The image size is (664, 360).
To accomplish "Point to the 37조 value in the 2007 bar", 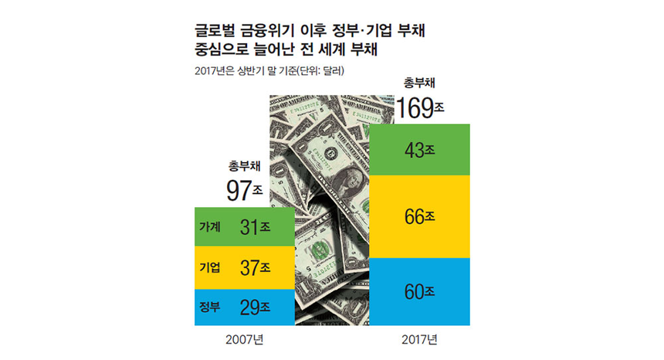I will click(254, 267).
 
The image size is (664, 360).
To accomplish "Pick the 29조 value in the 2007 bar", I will click(254, 307).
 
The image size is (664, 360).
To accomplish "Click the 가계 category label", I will click(209, 227).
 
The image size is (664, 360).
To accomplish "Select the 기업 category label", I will click(209, 267).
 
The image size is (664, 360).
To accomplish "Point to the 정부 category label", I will click(209, 307).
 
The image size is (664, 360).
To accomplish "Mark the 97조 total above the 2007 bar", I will click(245, 189).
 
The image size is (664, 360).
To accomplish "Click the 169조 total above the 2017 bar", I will click(418, 107).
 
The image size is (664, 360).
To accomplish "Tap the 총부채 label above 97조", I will click(244, 165).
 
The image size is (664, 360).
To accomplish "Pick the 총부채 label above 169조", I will click(419, 83).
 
